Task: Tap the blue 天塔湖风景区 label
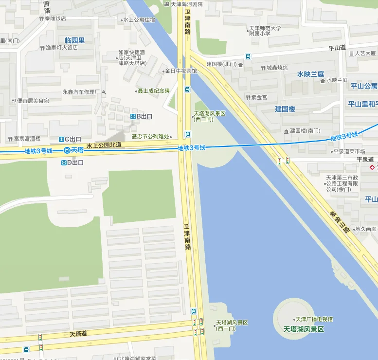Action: [304, 329]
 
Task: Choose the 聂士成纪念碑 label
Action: [153, 90]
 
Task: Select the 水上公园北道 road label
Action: [104, 145]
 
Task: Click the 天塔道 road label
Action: [78, 334]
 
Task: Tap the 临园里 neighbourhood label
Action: [74, 40]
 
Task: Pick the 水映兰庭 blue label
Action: [310, 74]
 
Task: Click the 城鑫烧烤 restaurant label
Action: [276, 68]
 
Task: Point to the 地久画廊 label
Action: [365, 229]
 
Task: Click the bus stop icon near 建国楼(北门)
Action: [248, 56]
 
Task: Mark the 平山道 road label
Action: [337, 48]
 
